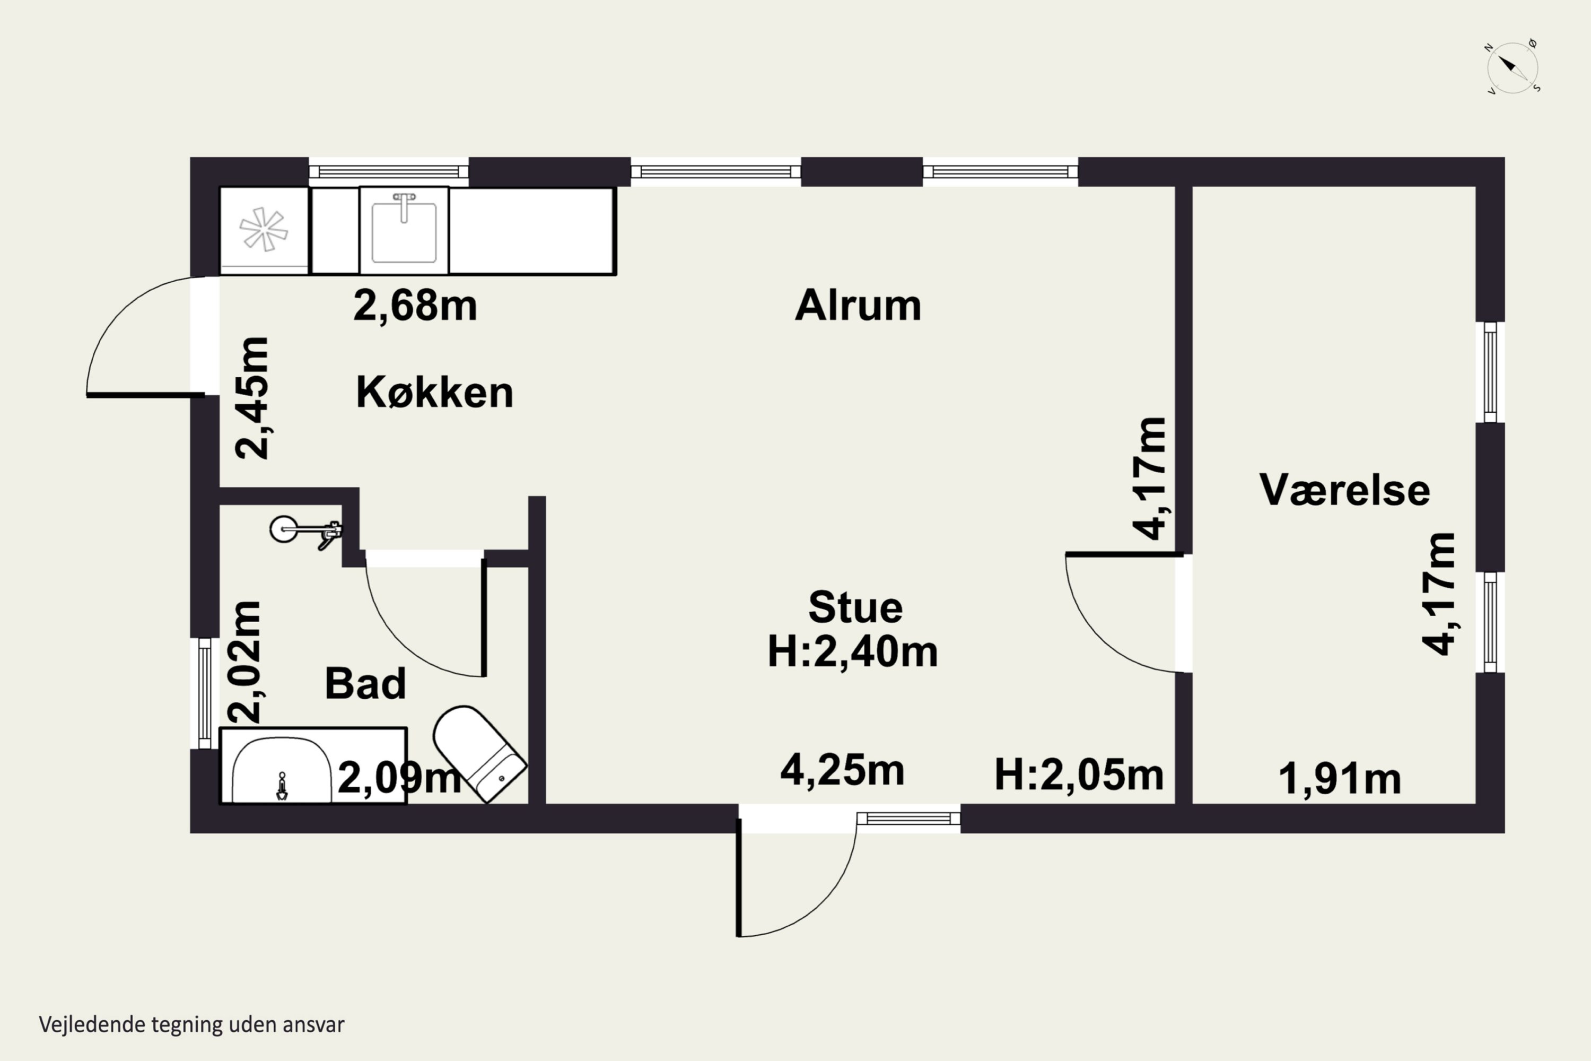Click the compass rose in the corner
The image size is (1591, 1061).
pos(1513,68)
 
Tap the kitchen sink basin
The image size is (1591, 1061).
pos(404,230)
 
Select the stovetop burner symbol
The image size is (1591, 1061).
pos(264,229)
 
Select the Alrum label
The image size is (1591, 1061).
pos(858,306)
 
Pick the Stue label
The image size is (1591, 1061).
pos(855,607)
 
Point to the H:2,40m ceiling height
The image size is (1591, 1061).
pos(852,651)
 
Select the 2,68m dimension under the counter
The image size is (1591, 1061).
pos(415,306)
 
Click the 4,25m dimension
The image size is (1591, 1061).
pos(842,771)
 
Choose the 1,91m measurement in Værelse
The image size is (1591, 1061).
pos(1340,779)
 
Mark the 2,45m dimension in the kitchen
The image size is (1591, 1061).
pos(251,398)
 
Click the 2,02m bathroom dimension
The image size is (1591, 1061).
pos(243,661)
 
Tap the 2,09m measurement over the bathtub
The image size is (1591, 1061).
pos(399,778)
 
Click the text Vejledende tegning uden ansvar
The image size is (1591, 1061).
pos(191,1024)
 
